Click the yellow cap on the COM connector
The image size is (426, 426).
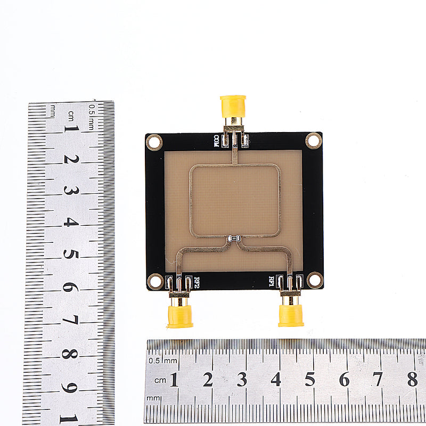[x=233, y=106]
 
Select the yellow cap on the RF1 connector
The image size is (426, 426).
[x=291, y=315]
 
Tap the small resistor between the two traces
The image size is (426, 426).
[x=233, y=239]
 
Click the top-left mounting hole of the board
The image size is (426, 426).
[x=154, y=142]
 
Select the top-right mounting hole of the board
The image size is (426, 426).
[x=314, y=141]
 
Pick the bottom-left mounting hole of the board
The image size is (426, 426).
[x=155, y=281]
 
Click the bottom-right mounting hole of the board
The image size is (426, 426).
[x=315, y=280]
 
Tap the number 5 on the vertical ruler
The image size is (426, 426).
[x=70, y=254]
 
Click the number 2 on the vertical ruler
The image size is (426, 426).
[x=71, y=159]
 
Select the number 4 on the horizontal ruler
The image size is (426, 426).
[x=276, y=379]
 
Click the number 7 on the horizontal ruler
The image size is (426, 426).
[x=378, y=379]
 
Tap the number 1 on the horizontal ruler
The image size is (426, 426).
[x=174, y=379]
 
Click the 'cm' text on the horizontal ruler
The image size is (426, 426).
[x=160, y=380]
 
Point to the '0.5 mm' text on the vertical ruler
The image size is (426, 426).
[x=92, y=116]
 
